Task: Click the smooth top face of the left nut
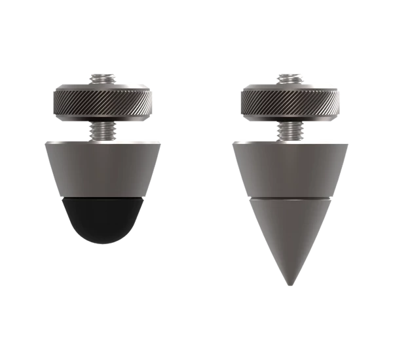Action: [x=72, y=86]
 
